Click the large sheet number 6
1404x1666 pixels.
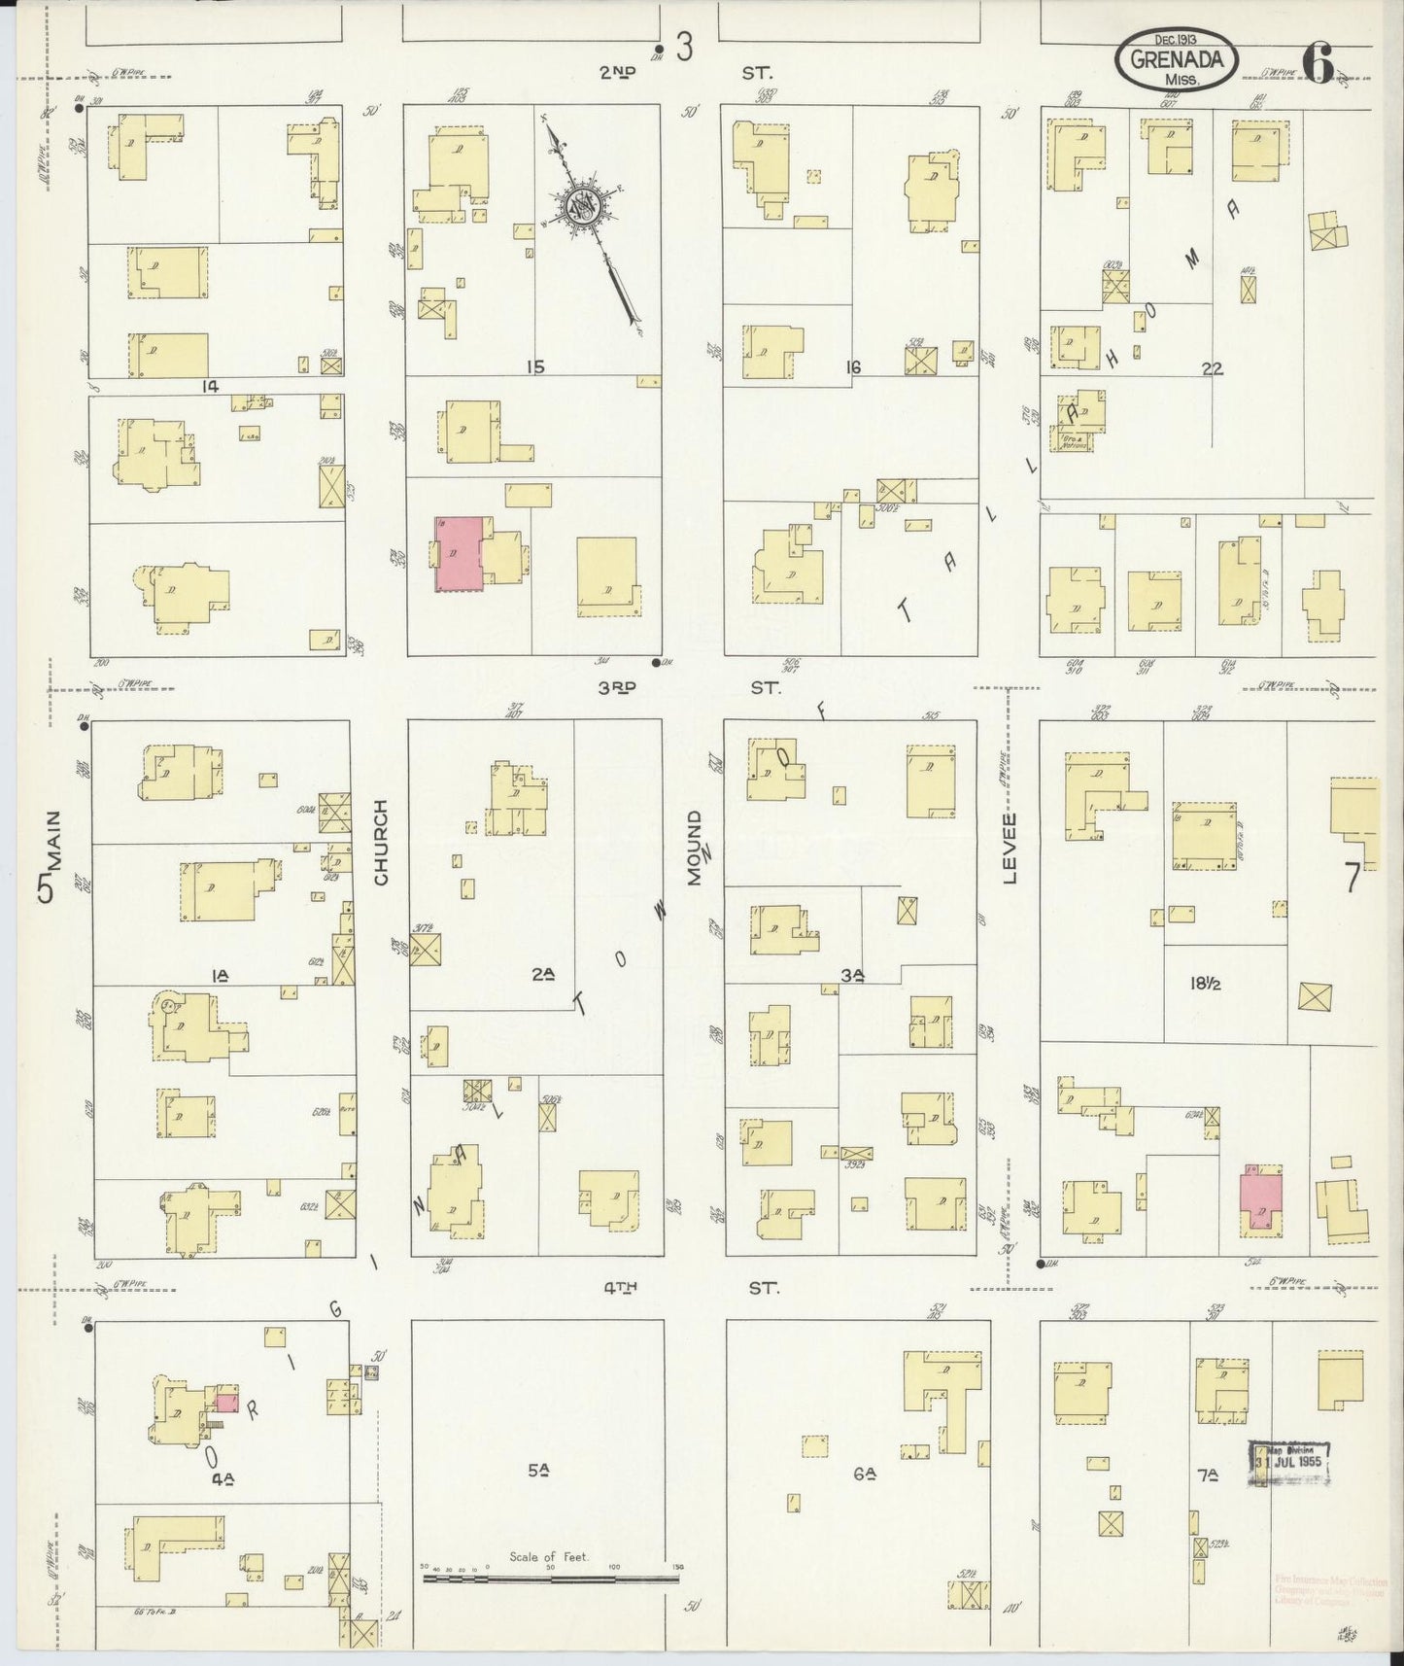[x=1318, y=64]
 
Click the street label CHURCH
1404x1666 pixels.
[x=381, y=842]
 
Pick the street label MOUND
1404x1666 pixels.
[x=695, y=847]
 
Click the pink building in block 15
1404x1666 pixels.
[x=459, y=553]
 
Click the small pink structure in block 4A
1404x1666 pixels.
[x=226, y=1403]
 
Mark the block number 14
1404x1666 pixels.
[x=209, y=387]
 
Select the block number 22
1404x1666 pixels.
[x=1211, y=368]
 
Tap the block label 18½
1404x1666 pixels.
[x=1205, y=984]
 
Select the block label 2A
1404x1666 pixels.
[x=542, y=974]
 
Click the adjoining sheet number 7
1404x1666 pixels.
[x=1351, y=879]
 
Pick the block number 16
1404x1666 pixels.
[x=853, y=367]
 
